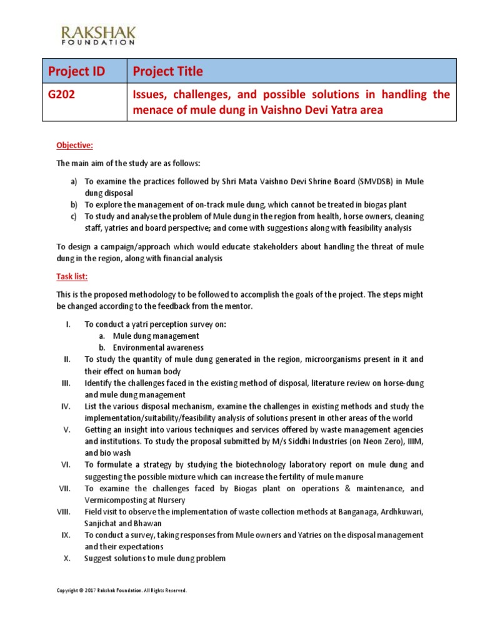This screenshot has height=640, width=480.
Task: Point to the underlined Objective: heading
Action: click(x=74, y=146)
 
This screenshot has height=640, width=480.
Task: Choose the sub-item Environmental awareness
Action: click(x=158, y=347)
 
